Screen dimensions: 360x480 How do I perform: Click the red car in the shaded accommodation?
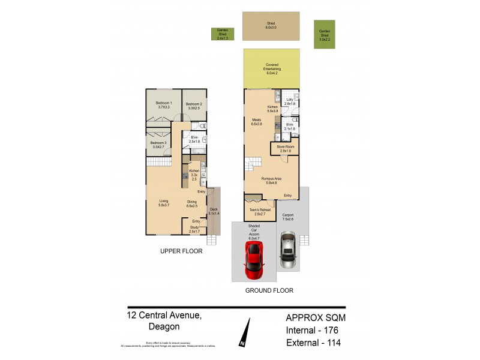tap(254, 259)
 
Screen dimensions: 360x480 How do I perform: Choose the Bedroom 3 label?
tap(158, 144)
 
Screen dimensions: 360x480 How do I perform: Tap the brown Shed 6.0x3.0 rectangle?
tap(271, 26)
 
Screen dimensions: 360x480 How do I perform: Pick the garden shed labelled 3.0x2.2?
tap(325, 34)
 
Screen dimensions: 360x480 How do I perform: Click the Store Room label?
tap(284, 148)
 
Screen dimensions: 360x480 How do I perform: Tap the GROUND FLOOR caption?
tap(269, 290)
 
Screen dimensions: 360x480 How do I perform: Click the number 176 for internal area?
tap(332, 330)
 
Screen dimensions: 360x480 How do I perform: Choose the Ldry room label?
tap(290, 101)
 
